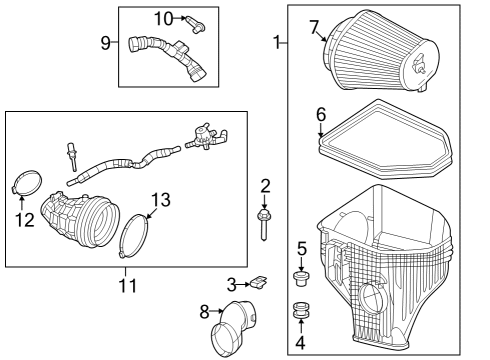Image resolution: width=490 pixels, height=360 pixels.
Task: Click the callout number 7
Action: click(314, 25)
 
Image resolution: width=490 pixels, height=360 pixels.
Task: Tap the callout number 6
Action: click(321, 114)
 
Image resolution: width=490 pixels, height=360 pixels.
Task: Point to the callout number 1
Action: click(277, 43)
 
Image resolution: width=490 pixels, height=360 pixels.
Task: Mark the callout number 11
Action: click(125, 286)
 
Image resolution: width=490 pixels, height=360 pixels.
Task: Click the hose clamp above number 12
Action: click(27, 186)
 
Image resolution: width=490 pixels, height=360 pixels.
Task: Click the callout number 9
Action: click(107, 42)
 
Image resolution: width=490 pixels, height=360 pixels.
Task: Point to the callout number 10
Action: click(163, 17)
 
